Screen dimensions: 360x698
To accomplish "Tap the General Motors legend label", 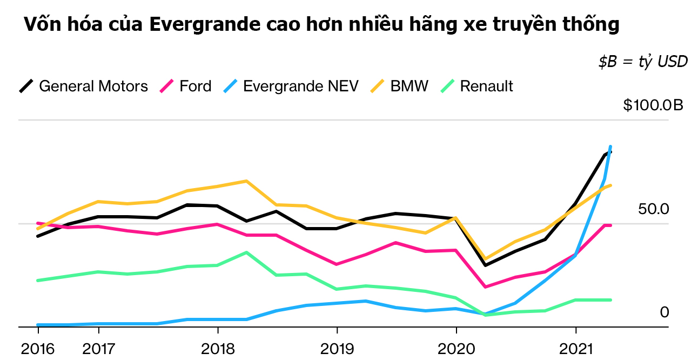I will tap(93, 86).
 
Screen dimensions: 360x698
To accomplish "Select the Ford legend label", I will tap(195, 86).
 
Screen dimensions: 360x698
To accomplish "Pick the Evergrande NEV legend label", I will tap(301, 86).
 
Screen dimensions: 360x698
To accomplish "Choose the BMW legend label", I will tap(409, 86).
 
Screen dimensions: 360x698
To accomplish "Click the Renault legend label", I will tap(486, 86).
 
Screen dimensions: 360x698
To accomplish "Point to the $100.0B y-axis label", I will tap(653, 105).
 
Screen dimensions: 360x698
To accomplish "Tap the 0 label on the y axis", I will tap(664, 312).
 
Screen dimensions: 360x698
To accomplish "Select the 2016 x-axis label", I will tap(38, 349).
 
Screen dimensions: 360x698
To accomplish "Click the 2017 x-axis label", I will tap(98, 349).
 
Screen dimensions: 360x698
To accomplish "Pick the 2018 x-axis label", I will tap(218, 349).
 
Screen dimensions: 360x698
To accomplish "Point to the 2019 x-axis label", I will tap(337, 349).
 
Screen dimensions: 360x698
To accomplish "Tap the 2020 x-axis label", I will tap(456, 349).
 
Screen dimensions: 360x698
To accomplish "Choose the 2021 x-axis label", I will tap(576, 349).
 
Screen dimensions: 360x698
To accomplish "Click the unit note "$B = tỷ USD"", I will tap(642, 62).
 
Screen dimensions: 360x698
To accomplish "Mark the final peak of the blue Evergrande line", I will tap(610, 146).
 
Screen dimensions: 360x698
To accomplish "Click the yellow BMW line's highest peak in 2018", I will tap(246, 181).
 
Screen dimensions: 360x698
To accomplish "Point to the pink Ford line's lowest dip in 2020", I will tap(486, 287).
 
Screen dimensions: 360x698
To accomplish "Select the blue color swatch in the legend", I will tap(231, 86).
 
